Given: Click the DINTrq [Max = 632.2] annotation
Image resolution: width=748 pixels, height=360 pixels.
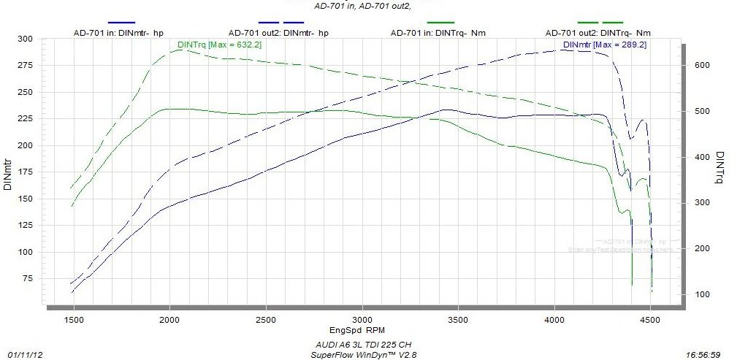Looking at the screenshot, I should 220,45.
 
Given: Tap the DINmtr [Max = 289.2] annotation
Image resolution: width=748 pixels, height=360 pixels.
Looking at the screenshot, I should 604,45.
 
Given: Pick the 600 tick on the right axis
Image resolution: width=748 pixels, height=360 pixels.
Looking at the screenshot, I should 703,66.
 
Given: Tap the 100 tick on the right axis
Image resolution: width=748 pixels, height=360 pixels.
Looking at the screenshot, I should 703,294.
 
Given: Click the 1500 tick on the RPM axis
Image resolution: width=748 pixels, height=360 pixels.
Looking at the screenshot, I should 73,320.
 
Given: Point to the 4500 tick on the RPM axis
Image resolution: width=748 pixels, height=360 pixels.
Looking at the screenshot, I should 650,320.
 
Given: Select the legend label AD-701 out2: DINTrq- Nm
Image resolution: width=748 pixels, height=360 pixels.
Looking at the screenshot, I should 598,33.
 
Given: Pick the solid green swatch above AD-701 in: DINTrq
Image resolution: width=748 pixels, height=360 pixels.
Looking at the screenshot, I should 440,22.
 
